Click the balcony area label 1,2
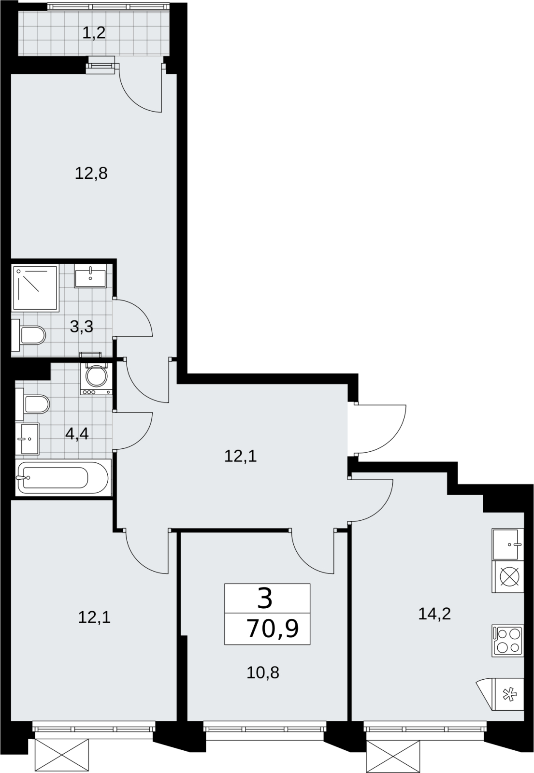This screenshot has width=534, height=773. (x=94, y=34)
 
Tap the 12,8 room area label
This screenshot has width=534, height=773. (x=91, y=173)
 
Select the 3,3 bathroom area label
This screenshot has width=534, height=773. (x=82, y=327)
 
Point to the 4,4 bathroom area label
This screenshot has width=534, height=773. (x=77, y=433)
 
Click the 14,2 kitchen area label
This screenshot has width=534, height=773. (x=434, y=614)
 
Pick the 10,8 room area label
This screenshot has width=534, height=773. (x=263, y=673)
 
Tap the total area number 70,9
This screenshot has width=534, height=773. (x=273, y=629)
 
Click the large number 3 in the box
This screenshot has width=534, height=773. (x=265, y=599)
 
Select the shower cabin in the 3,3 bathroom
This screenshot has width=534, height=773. (x=35, y=288)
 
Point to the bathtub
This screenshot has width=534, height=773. (x=63, y=478)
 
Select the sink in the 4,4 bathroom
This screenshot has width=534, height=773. (x=27, y=439)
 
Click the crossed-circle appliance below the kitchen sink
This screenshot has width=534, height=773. (x=507, y=576)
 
